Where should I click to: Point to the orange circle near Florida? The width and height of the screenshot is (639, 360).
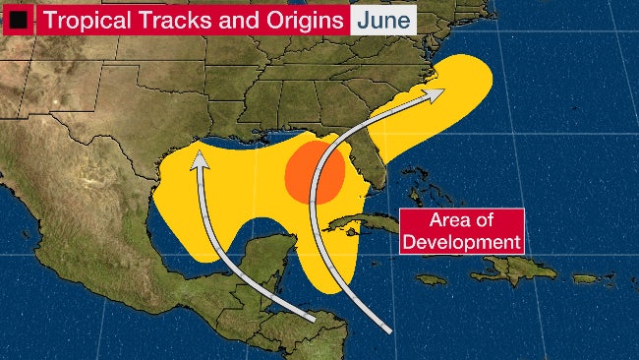(315, 172)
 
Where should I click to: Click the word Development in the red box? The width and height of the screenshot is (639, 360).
(461, 241)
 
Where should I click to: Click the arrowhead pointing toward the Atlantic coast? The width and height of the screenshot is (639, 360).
(434, 92)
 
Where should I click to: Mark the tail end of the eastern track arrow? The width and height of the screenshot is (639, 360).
(390, 328)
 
